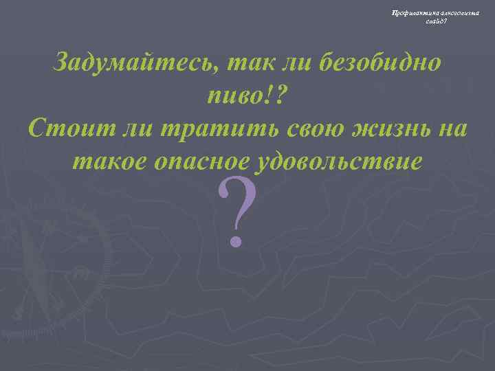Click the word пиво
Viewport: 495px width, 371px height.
coord(234,95)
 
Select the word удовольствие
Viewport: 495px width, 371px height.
coord(340,160)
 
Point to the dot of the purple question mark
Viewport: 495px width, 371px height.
coord(236,240)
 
